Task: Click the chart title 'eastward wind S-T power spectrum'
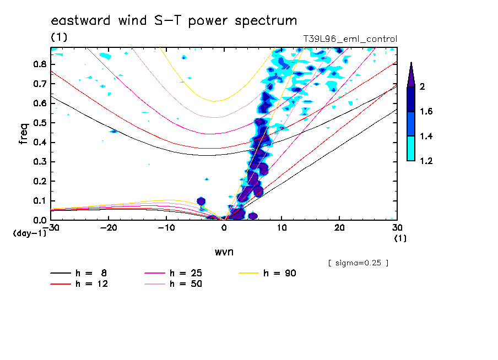point(174,21)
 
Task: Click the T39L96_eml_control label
point(350,39)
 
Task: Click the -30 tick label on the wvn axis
point(51,227)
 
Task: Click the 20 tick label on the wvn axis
point(339,227)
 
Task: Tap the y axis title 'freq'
point(24,134)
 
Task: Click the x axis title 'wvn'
point(223,252)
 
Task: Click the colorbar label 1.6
point(426,112)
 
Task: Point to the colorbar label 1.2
point(426,161)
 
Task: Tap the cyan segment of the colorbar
point(411,148)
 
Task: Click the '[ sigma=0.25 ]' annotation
point(358,263)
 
